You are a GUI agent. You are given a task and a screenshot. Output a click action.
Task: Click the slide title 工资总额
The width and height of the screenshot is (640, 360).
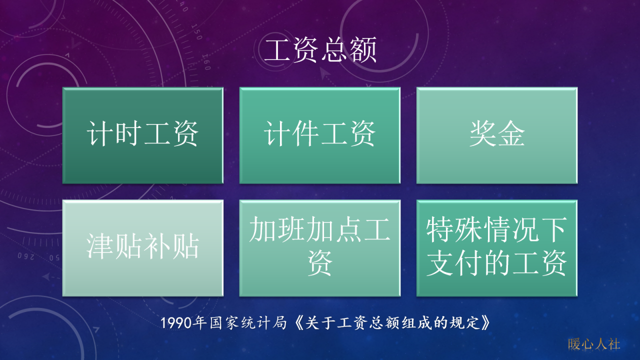click(320, 50)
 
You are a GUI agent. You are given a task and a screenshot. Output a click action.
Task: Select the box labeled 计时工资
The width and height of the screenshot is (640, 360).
click(142, 135)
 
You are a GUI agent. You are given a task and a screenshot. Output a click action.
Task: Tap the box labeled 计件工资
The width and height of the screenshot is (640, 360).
click(319, 135)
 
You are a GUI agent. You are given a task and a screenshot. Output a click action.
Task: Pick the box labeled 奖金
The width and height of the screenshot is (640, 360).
click(496, 135)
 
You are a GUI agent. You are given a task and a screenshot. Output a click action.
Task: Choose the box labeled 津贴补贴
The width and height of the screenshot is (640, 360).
click(142, 248)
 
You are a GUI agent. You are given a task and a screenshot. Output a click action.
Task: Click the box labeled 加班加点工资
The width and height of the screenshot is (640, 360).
click(319, 248)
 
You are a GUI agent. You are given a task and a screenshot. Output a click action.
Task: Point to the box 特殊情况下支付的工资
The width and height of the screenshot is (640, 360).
click(496, 248)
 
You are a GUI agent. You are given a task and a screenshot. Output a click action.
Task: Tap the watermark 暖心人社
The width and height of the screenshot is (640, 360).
click(594, 344)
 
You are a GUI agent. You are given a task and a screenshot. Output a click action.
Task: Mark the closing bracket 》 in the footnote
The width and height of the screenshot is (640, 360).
click(483, 323)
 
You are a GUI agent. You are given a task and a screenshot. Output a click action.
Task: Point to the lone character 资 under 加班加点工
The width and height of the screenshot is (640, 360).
click(320, 264)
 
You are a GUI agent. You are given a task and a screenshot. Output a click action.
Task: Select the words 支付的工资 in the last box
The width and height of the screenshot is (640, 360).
click(496, 264)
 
